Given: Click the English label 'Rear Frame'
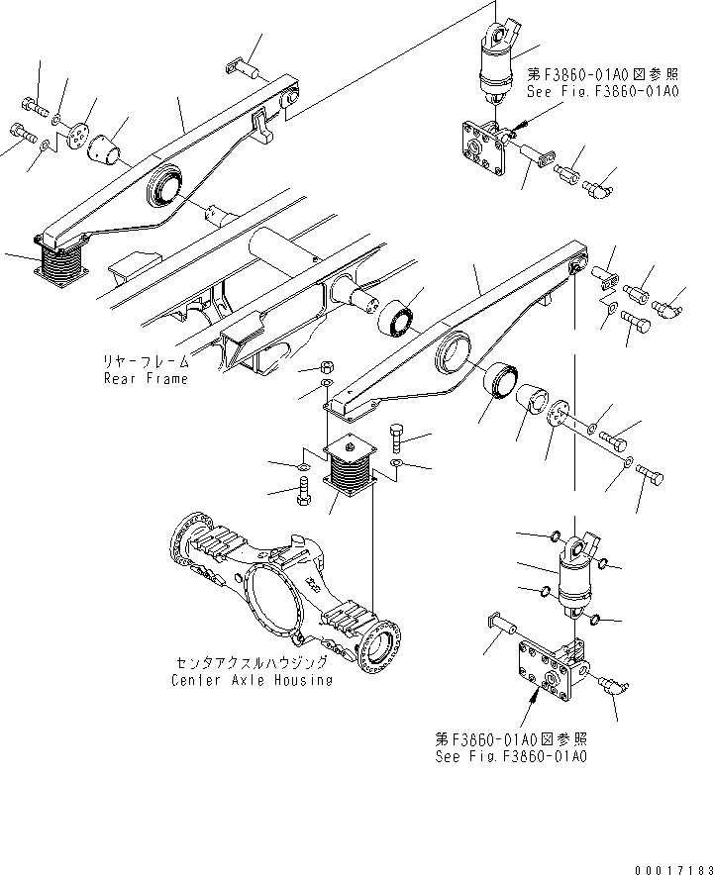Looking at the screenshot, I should (x=146, y=379).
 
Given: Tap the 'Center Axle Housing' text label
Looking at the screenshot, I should (x=252, y=680).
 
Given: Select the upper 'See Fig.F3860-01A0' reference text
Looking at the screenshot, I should (x=602, y=91).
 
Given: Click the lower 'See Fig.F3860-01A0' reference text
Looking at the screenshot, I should (x=511, y=756).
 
